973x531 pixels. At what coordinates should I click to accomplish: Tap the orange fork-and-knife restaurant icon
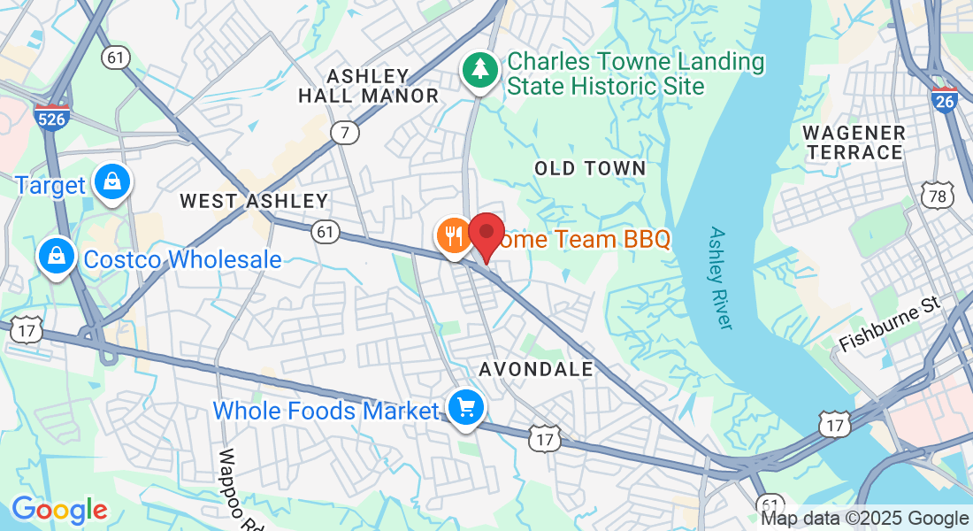coord(454,235)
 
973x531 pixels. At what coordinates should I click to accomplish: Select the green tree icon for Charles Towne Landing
coord(479,69)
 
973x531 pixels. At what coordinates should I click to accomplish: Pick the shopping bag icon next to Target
coord(112,182)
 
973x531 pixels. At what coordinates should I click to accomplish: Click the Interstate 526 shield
coord(52,116)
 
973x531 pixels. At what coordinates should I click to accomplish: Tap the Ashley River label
coord(720,278)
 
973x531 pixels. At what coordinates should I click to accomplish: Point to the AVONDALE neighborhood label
coord(536,369)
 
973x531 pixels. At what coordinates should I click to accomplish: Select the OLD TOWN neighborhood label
coord(590,168)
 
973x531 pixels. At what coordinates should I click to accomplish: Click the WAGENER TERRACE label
coord(854,142)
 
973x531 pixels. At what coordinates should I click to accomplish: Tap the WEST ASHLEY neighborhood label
coord(254,201)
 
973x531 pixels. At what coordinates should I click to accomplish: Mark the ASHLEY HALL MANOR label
coord(368,86)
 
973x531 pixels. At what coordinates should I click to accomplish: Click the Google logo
coord(59,510)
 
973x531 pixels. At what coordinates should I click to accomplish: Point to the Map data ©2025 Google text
coord(865,519)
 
